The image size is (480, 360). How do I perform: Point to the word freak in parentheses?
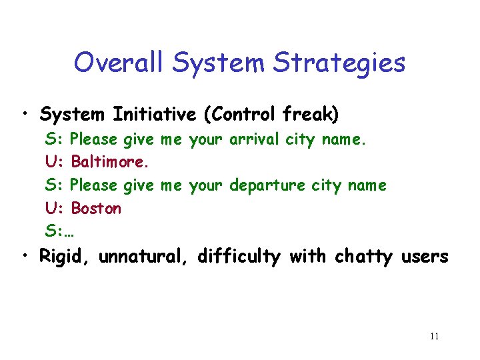pos(319,115)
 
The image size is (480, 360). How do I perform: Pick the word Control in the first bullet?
pos(251,115)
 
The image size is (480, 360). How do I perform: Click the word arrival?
pos(255,139)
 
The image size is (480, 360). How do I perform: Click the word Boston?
pos(97,208)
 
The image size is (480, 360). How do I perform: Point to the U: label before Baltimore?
pos(54,162)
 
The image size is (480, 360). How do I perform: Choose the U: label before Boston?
pos(54,208)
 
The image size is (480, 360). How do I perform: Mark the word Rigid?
pos(65,256)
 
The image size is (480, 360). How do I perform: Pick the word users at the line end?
pos(425,256)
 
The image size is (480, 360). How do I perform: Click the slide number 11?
pos(434,336)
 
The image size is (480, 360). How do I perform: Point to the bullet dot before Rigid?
pos(25,256)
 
